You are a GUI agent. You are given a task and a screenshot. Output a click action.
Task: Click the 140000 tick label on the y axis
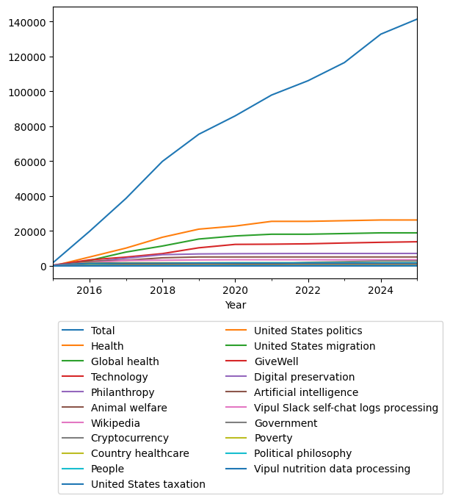pos(27,22)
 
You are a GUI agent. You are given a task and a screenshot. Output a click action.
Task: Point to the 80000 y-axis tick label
pos(30,126)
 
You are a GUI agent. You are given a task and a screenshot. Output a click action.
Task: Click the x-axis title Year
pos(236,305)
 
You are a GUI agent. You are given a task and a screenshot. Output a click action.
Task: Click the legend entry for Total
pos(103,331)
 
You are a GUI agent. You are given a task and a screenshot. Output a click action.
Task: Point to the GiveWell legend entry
pos(277,361)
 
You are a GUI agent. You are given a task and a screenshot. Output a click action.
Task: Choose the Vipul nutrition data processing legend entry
pos(332,469)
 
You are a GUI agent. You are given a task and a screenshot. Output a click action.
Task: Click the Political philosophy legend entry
pos(302,453)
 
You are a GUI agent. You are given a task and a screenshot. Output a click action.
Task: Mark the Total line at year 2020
pos(235,116)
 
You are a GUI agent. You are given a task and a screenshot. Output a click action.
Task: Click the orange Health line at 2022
pos(308,221)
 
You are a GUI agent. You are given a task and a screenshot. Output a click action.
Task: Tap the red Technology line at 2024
pos(380,242)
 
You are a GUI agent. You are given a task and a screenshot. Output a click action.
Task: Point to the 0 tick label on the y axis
pos(45,266)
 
